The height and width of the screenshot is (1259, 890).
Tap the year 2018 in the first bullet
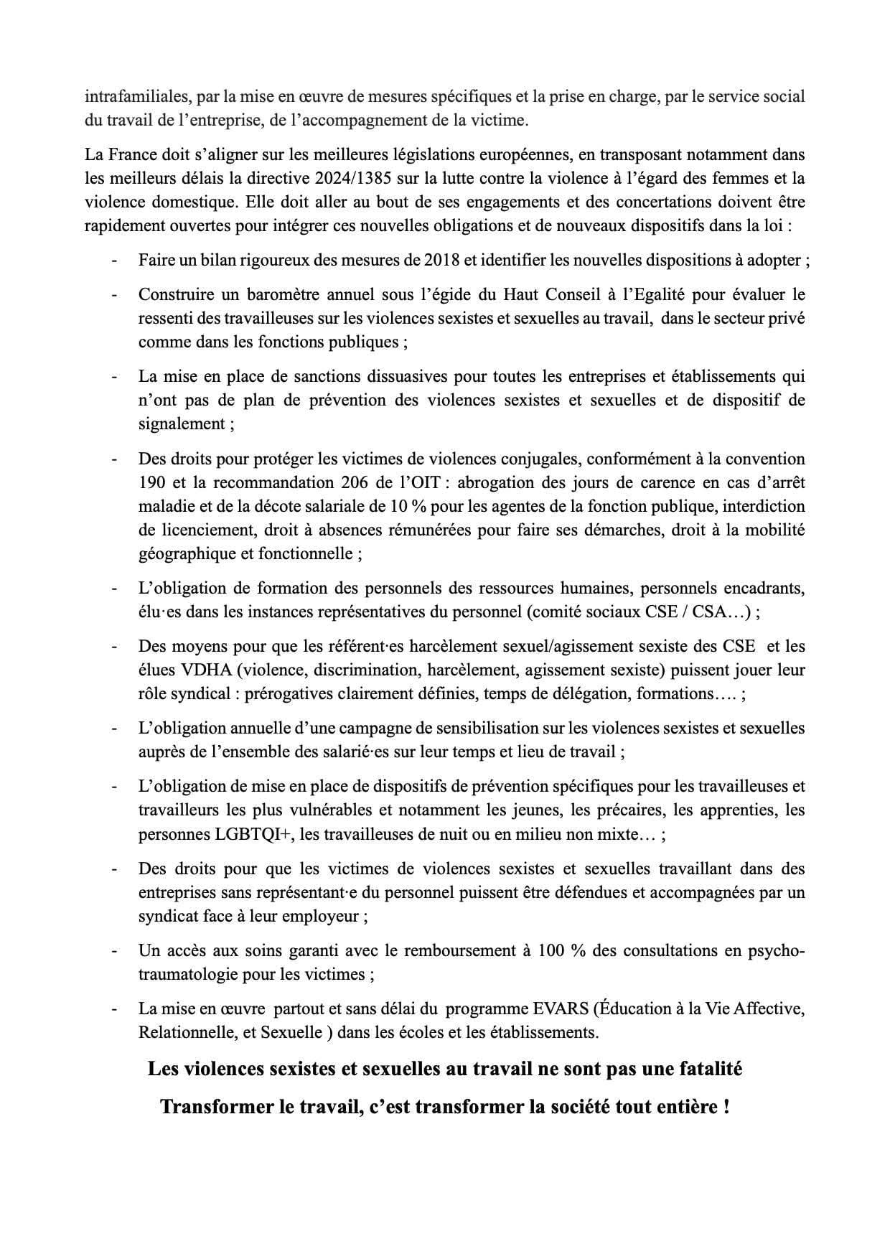point(444,260)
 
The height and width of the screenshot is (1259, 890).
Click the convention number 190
point(151,482)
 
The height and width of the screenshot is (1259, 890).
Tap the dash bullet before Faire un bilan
point(114,260)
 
